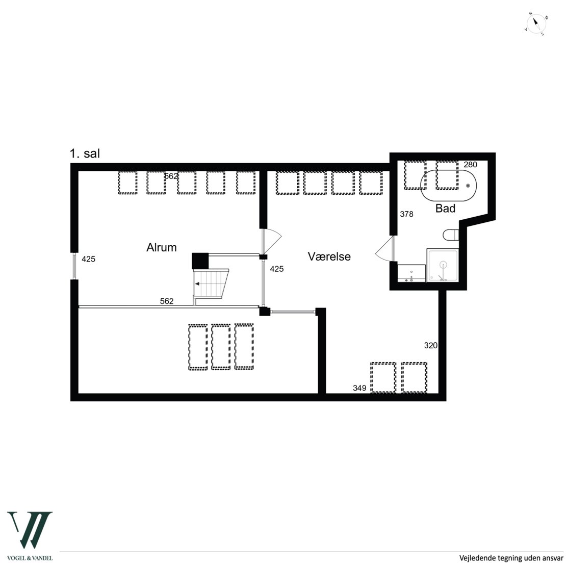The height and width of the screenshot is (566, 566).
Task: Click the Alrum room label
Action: pyautogui.click(x=161, y=247)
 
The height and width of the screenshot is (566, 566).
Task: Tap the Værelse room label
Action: pyautogui.click(x=329, y=256)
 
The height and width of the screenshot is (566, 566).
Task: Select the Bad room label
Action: pyautogui.click(x=446, y=208)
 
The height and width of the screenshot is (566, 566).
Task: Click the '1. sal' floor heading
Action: pyautogui.click(x=85, y=153)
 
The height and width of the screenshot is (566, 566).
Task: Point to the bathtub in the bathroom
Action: pyautogui.click(x=448, y=186)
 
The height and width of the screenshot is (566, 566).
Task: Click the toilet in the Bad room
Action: pyautogui.click(x=451, y=235)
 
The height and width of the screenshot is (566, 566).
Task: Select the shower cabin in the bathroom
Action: pyautogui.click(x=443, y=265)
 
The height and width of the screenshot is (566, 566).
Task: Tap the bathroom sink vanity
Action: pyautogui.click(x=411, y=273)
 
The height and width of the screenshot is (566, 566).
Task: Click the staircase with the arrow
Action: pyautogui.click(x=211, y=284)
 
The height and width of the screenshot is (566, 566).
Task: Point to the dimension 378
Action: pyautogui.click(x=406, y=214)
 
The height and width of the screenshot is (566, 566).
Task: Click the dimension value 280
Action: pyautogui.click(x=470, y=165)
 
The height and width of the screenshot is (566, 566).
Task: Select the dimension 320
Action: pyautogui.click(x=431, y=345)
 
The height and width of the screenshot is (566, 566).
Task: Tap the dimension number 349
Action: pyautogui.click(x=359, y=388)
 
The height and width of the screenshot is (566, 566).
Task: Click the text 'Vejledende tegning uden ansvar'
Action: pyautogui.click(x=511, y=558)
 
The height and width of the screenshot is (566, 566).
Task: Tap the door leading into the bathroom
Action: pyautogui.click(x=385, y=249)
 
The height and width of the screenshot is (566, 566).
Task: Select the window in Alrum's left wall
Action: pyautogui.click(x=74, y=266)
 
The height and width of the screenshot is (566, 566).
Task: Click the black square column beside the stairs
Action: pyautogui.click(x=200, y=261)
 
